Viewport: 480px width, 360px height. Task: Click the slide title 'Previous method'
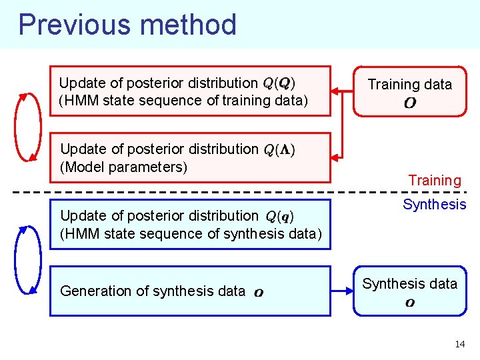pos(127,25)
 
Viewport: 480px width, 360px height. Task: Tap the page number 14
pos(459,344)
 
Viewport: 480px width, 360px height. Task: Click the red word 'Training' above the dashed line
pos(435,180)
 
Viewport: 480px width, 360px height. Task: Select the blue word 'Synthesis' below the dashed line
pos(434,204)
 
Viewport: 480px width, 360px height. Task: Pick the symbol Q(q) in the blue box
pos(279,216)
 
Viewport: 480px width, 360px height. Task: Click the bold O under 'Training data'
pos(410,103)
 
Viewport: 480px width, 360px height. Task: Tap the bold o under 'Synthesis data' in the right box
pos(410,303)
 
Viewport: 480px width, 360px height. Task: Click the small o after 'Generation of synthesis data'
pos(259,292)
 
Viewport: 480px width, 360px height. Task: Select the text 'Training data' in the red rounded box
pos(409,85)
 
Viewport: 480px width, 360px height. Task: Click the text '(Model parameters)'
pos(123,167)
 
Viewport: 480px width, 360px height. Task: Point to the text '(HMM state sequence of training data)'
pos(183,101)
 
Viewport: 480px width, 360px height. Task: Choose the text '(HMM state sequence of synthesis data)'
pos(191,234)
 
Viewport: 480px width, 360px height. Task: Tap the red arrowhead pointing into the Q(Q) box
pos(336,91)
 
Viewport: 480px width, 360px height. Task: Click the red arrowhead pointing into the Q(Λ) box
pos(336,157)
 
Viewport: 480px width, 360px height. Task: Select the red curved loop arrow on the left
pos(23,125)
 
